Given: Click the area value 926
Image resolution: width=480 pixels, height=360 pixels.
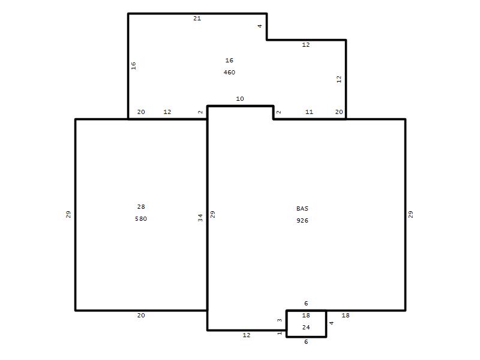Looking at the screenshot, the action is coord(302,220).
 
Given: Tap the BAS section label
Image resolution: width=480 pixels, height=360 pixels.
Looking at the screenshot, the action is coord(302,208).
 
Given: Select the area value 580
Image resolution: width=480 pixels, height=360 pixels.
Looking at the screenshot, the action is coord(141,218).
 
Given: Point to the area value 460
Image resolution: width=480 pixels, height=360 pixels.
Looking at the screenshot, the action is coord(229,72).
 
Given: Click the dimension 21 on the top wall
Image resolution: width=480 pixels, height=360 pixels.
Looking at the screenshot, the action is coord(197,19).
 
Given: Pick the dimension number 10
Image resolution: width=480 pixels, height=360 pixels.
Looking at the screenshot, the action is coord(240,98).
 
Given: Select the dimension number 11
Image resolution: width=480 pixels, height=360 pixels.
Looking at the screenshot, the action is coord(309,112).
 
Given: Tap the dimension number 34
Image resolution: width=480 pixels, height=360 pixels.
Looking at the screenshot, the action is coord(200,218).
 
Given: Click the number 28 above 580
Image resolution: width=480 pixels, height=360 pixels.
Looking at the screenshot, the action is coord(141,206).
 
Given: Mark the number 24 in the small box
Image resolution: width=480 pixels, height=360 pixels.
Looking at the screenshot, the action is coord(306,327).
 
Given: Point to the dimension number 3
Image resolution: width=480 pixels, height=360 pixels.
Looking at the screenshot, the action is coord(280,320).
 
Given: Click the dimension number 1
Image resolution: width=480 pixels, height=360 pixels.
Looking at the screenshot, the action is coord(280,333).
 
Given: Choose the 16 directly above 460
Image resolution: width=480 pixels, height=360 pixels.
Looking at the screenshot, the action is coord(229,61).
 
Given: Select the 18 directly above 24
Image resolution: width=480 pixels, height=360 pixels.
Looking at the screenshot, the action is coord(306,316).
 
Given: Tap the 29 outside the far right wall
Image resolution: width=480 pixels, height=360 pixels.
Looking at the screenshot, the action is coord(411,214).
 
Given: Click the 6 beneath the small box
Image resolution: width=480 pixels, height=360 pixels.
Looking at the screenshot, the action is coord(306,341).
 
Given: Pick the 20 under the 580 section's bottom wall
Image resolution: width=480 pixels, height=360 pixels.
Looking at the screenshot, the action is coord(141,316).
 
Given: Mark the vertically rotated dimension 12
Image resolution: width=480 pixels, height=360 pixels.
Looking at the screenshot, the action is coord(339,79).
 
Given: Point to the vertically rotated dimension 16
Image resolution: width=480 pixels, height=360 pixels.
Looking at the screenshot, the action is coord(133,65).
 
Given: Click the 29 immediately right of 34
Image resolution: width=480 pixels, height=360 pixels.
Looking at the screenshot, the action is coord(213,214).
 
